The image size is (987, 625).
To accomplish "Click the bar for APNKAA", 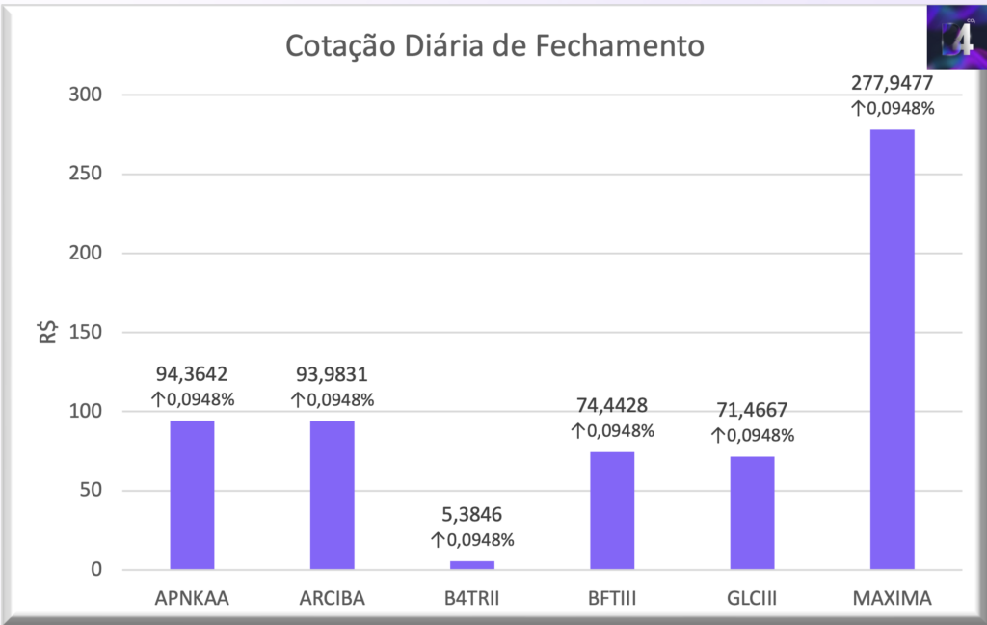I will coord(192,495).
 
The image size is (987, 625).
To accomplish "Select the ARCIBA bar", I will coord(332,495).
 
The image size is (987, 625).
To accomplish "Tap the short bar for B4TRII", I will coord(472,564).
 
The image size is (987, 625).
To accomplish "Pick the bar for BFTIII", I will coord(612,510).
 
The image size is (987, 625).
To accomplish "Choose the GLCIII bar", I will coord(752,512).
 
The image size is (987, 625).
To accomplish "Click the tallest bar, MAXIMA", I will coord(892,349).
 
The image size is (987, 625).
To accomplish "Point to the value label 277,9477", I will coord(892,84).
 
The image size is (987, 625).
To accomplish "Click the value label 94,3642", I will coord(192,374).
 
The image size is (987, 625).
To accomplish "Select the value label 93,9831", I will coord(332,374).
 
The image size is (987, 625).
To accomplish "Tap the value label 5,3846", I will coord(472,514).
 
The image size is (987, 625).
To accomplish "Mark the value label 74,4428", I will coord(612,406).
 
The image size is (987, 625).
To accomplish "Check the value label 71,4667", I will coord(752,410).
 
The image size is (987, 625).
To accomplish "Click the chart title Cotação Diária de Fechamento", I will coord(494,45).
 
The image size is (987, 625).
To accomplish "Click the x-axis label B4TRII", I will coord(472,599).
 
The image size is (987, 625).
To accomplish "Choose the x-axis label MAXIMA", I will coord(892,599).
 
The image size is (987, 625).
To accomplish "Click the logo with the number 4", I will coord(953,38).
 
